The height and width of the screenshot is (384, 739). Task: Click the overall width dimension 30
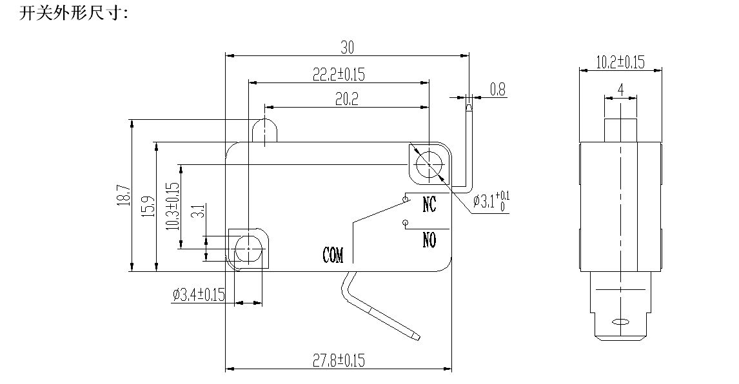pyautogui.click(x=347, y=47)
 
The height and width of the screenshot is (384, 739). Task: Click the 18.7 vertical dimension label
pyautogui.click(x=123, y=196)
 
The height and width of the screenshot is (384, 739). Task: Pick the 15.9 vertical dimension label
pyautogui.click(x=147, y=206)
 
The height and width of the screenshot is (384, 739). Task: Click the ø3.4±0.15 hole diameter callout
pyautogui.click(x=199, y=295)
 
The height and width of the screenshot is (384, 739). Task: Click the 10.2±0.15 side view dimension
pyautogui.click(x=620, y=62)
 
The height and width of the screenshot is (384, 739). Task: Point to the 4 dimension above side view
pyautogui.click(x=620, y=90)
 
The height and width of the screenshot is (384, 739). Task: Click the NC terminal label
pyautogui.click(x=429, y=204)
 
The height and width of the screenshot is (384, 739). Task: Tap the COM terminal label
pyautogui.click(x=333, y=255)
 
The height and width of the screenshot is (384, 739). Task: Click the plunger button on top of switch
pyautogui.click(x=265, y=131)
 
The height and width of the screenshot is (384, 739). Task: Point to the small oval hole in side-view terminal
pyautogui.click(x=620, y=321)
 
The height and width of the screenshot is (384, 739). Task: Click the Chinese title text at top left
pyautogui.click(x=74, y=13)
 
